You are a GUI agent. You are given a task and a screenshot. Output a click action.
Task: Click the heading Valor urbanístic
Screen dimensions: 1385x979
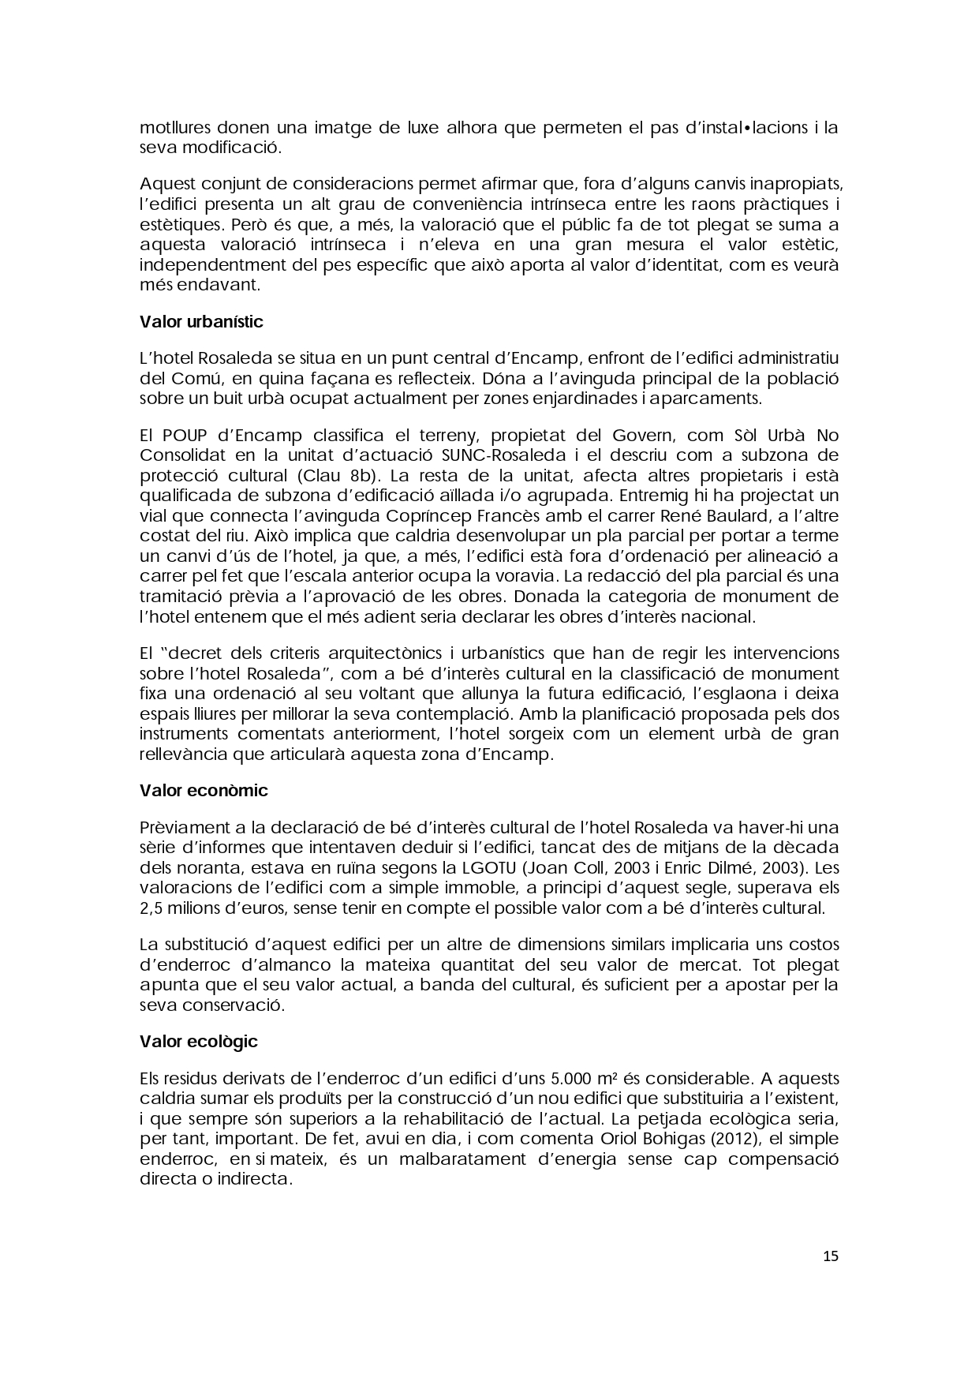201,322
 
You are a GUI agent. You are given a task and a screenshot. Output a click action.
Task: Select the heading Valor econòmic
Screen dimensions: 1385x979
204,791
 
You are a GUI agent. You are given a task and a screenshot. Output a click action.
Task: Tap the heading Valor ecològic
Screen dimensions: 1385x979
199,1042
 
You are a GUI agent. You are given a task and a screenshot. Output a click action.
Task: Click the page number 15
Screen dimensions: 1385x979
831,1256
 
